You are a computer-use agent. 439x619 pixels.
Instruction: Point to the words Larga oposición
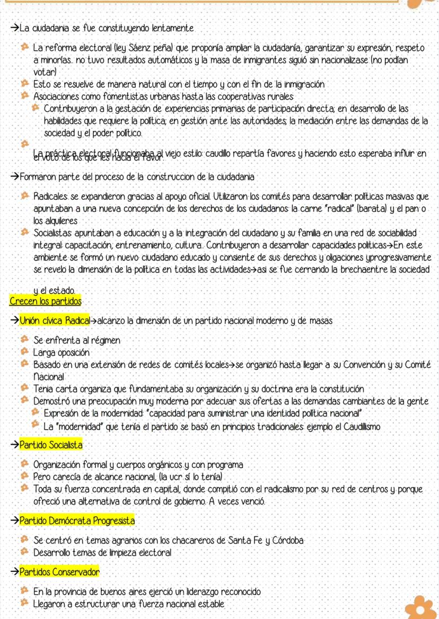click(x=61, y=352)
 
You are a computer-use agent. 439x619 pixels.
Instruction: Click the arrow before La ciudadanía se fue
click(x=14, y=28)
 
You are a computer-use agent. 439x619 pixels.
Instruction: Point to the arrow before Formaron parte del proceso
click(x=14, y=176)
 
